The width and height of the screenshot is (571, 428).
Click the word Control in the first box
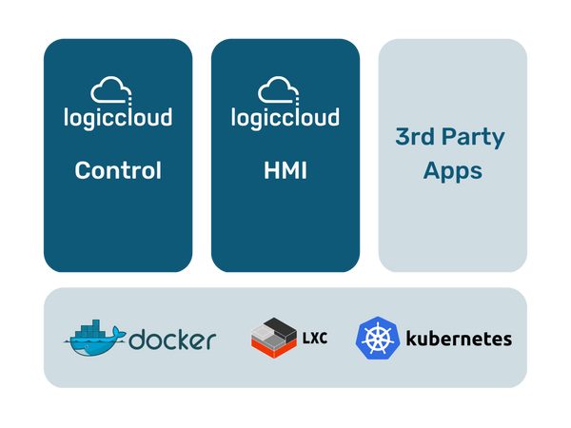coord(118,171)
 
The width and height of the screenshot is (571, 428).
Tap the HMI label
coord(285,171)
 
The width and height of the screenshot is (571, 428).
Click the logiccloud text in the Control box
coord(118,118)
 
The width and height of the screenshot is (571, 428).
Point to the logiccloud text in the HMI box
coord(285,118)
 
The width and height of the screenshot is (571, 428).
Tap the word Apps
coord(453,172)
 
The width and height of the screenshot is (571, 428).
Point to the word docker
coord(172,339)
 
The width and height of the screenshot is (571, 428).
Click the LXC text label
coord(313,338)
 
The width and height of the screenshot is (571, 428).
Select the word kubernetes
coord(459,339)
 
